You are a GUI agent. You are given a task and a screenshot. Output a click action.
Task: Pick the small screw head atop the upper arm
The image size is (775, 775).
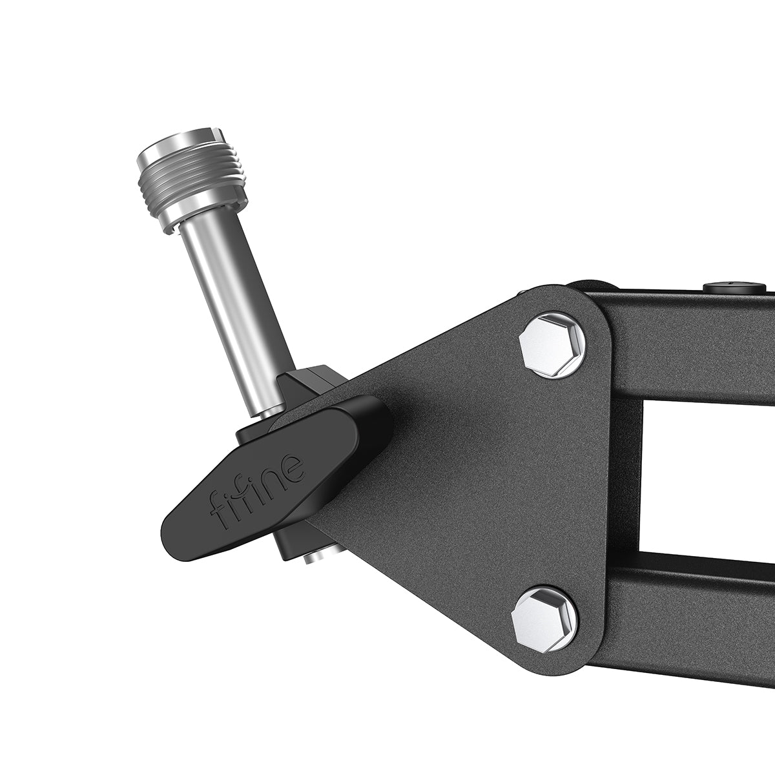click(x=734, y=287)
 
